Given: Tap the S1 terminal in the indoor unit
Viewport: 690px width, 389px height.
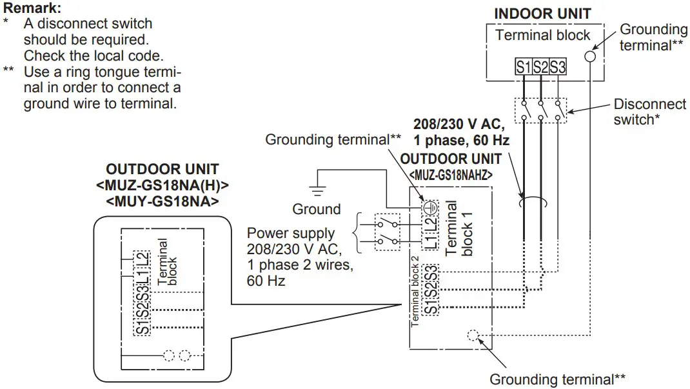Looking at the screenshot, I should (x=522, y=66).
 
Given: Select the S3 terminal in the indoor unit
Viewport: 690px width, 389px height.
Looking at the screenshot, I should (x=558, y=66).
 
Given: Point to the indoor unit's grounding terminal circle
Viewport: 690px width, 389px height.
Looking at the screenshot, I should (x=590, y=56).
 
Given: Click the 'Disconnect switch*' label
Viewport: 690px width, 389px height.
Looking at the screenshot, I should (x=649, y=112).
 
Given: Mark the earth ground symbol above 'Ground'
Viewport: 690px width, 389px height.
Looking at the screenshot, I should (x=317, y=189).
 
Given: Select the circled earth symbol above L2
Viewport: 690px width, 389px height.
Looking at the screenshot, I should (x=430, y=207).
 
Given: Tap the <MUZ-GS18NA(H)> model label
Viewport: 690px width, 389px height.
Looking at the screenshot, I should (x=162, y=186).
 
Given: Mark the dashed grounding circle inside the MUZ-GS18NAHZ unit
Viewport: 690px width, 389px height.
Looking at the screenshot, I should (x=472, y=335).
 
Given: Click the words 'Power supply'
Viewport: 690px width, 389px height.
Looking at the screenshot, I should (x=291, y=233).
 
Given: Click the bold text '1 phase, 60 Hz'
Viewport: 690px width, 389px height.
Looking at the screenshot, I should (x=462, y=140).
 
